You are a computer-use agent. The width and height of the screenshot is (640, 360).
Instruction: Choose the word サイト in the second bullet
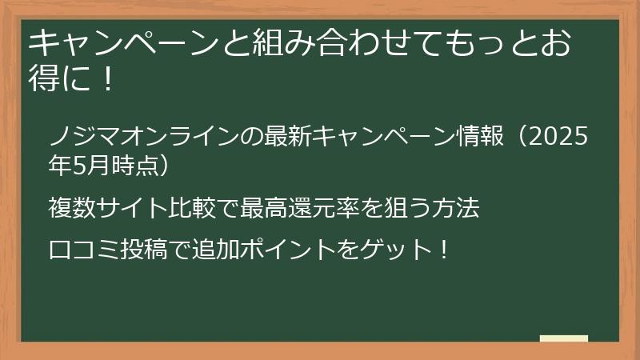tap(134, 210)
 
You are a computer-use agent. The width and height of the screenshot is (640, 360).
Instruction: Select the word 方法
tap(458, 210)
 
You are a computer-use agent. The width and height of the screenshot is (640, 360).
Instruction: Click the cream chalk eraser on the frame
tap(563, 339)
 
